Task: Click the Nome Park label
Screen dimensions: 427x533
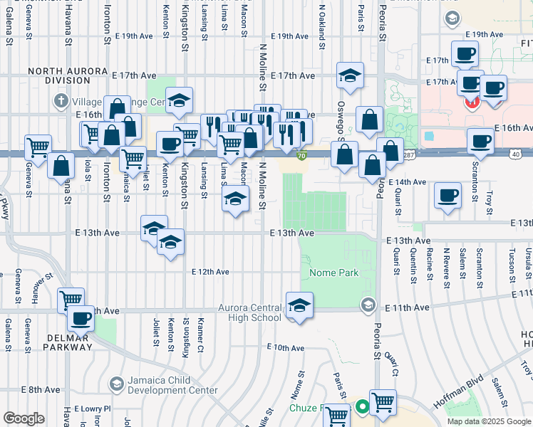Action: coord(333,273)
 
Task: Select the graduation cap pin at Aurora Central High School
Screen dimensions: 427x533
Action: coord(300,307)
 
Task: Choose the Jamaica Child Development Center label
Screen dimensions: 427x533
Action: coord(172,385)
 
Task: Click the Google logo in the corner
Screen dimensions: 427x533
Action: coord(24,418)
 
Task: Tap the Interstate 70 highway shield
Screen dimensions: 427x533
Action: coord(302,156)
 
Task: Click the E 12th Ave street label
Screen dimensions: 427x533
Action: coord(210,272)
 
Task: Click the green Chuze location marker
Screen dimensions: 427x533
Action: coord(362,407)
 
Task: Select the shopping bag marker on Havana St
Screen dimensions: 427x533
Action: coord(62,164)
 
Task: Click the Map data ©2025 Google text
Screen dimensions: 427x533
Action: coord(489,421)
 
